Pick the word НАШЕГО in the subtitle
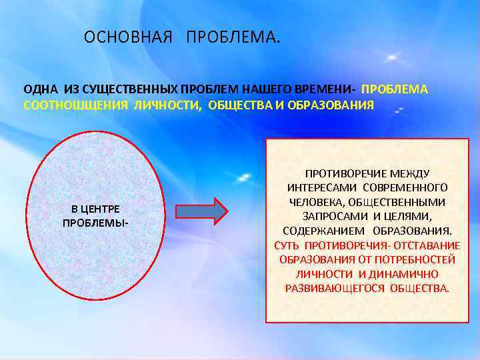pyautogui.click(x=274, y=89)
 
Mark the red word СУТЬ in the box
pyautogui.click(x=287, y=245)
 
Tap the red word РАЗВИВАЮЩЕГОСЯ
pyautogui.click(x=336, y=289)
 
